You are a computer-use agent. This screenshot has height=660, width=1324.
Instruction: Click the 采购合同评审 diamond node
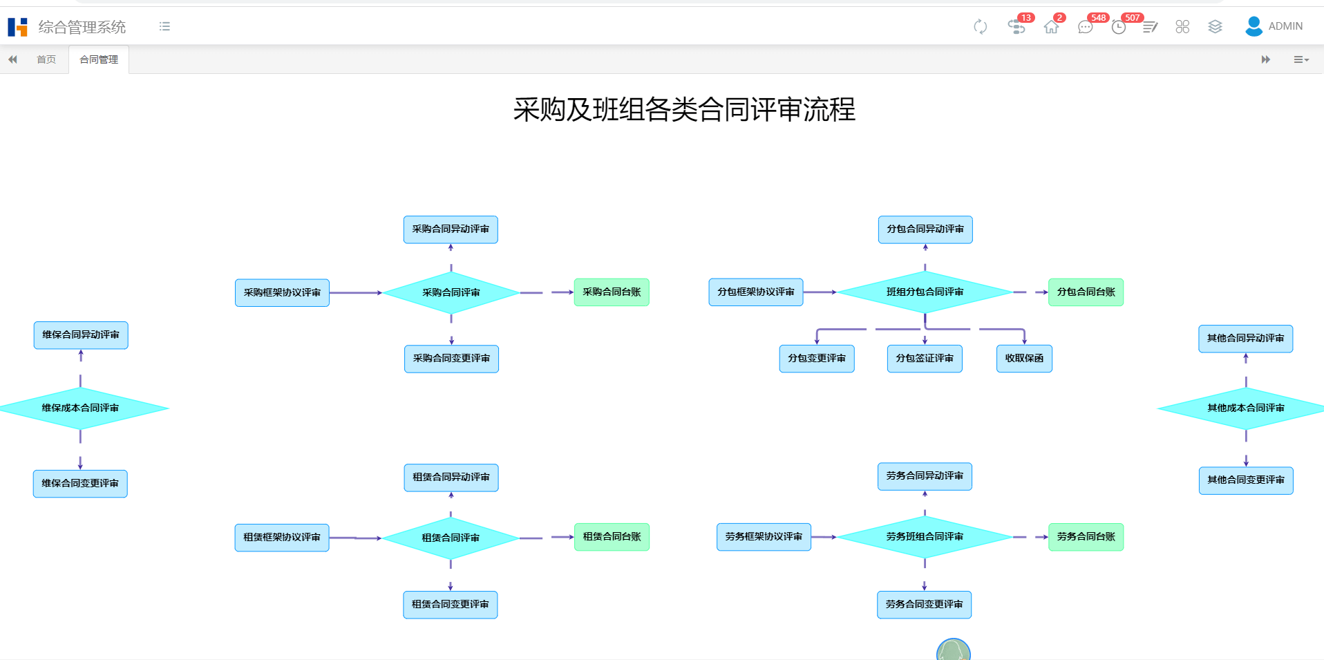click(451, 292)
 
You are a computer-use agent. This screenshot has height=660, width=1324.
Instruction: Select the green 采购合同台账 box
click(612, 292)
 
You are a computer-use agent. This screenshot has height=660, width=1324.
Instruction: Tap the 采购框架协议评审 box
click(282, 292)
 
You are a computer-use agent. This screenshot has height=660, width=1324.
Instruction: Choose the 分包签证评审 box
click(925, 359)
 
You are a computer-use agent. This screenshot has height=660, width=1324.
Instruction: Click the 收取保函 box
click(1024, 359)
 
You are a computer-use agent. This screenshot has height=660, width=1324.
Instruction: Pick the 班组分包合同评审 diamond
click(925, 292)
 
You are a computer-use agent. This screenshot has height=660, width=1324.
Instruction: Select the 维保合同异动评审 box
click(81, 335)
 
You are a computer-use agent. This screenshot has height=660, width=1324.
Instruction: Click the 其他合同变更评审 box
click(1245, 480)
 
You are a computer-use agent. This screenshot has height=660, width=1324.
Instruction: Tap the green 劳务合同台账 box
click(1086, 537)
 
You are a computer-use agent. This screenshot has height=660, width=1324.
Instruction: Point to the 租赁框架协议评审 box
click(282, 538)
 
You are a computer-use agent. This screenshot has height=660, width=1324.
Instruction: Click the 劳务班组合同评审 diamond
click(925, 537)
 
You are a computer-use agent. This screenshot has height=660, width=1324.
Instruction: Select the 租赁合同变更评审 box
click(451, 605)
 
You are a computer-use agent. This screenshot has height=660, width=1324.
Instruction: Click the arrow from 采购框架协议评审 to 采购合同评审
click(355, 293)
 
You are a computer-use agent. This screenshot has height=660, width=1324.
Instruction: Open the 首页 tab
click(46, 59)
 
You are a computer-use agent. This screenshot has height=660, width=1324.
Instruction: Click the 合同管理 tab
click(99, 59)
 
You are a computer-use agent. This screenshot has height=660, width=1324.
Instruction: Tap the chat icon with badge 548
click(1085, 27)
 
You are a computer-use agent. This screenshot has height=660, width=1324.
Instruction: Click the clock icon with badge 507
click(1119, 27)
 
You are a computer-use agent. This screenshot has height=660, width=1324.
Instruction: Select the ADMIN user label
click(1285, 26)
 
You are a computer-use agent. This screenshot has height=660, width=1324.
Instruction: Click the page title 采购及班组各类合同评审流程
click(684, 110)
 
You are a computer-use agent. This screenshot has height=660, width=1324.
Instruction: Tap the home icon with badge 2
click(1051, 27)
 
